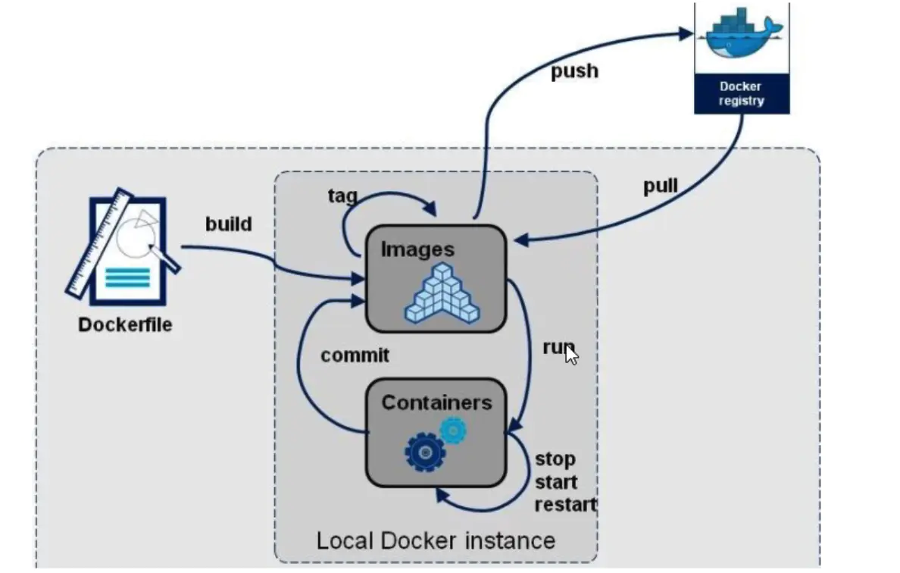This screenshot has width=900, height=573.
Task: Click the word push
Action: [x=574, y=71]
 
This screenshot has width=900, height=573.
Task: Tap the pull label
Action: [x=660, y=186]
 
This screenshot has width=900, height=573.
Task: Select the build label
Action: [x=228, y=224]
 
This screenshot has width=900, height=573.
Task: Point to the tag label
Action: [x=342, y=196]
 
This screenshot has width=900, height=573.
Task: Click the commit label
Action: [x=355, y=355]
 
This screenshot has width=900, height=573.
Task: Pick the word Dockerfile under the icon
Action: [x=125, y=325]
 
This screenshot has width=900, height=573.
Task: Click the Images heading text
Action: [x=417, y=249]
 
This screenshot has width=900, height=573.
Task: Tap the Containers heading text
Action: [x=436, y=402]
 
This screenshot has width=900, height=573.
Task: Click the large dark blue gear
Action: [x=425, y=452]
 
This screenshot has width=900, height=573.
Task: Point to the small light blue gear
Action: [x=453, y=430]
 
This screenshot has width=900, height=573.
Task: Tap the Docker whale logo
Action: [x=741, y=36]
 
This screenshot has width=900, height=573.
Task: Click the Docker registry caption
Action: [x=742, y=93]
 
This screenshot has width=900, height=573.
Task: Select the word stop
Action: [x=555, y=459]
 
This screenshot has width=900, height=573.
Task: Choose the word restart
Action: [x=566, y=505]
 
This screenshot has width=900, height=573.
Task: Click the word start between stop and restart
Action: [x=557, y=482]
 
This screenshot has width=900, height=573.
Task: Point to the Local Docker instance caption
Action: [x=436, y=540]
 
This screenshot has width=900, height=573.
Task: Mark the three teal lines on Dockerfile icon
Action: [x=127, y=278]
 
